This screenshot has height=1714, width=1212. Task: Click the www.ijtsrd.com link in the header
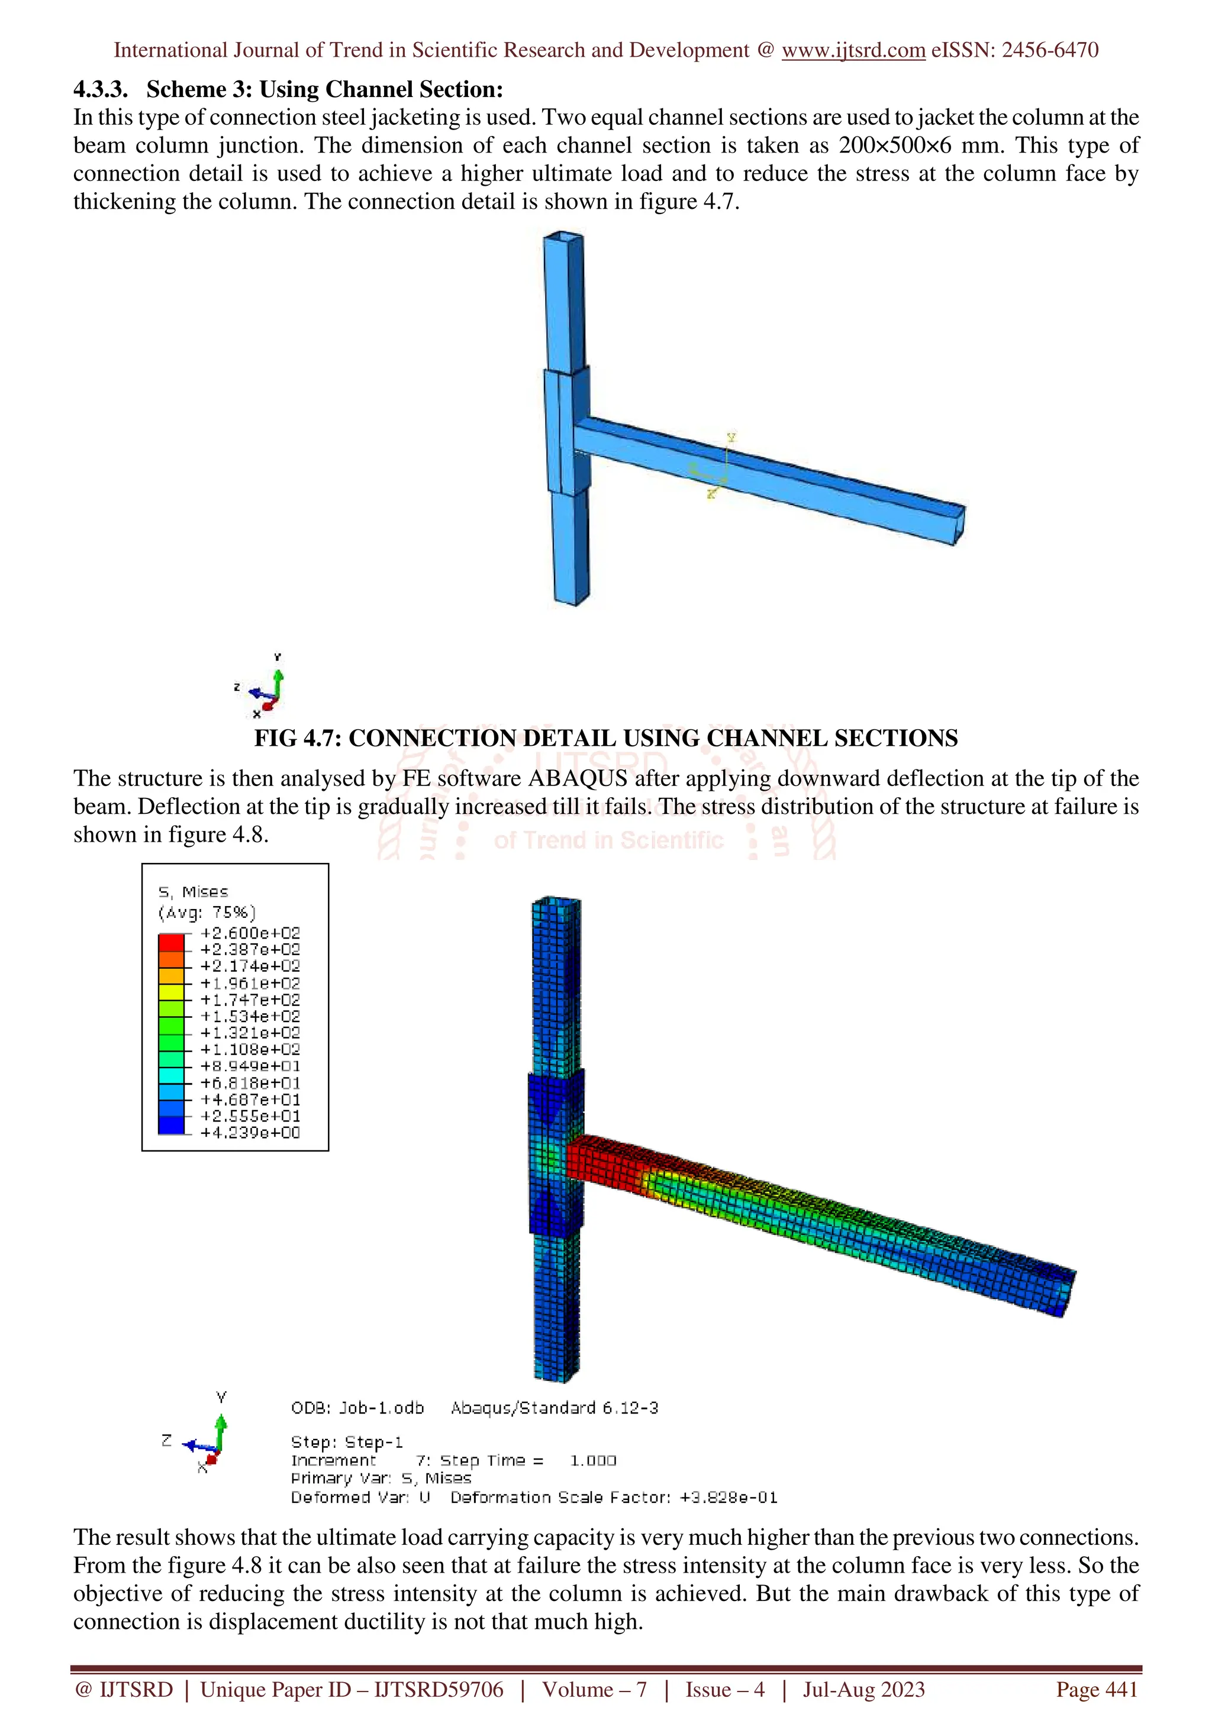pyautogui.click(x=853, y=50)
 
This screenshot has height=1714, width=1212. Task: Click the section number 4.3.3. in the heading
pyautogui.click(x=100, y=89)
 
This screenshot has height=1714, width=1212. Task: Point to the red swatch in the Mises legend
pyautogui.click(x=171, y=942)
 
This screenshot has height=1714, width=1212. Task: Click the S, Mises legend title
pyautogui.click(x=194, y=891)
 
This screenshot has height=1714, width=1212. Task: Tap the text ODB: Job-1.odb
pyautogui.click(x=357, y=1407)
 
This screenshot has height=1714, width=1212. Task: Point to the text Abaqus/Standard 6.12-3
pyautogui.click(x=554, y=1407)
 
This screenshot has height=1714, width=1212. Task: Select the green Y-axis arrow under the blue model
pyautogui.click(x=278, y=681)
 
